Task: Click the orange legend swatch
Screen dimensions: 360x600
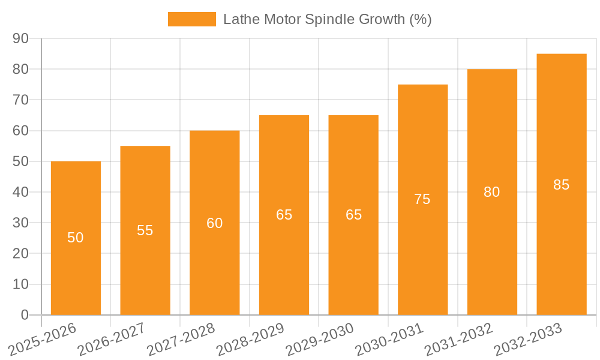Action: click(x=191, y=19)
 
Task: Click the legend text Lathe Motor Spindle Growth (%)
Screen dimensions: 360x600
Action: click(x=327, y=19)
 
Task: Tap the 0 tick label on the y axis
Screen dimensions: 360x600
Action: click(x=25, y=315)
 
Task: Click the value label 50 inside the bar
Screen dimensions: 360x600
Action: click(x=76, y=238)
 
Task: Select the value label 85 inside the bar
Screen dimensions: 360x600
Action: click(x=561, y=185)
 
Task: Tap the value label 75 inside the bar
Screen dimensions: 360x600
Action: click(x=422, y=199)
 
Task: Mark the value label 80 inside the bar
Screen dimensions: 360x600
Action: click(x=492, y=192)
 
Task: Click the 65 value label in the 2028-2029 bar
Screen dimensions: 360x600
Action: click(x=284, y=215)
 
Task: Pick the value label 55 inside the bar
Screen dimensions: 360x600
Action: click(x=145, y=230)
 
